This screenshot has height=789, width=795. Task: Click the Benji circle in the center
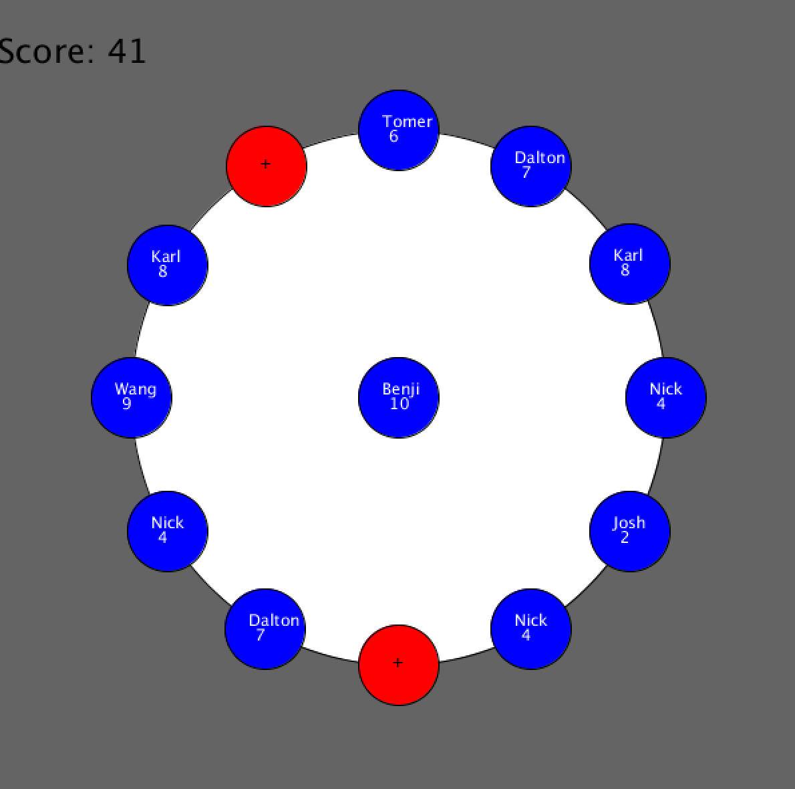click(x=399, y=398)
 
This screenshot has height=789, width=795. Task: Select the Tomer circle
click(x=399, y=130)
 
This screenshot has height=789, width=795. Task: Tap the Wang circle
click(x=132, y=398)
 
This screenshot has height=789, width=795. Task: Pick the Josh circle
click(x=630, y=532)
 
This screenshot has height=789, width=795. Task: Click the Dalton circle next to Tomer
click(x=531, y=166)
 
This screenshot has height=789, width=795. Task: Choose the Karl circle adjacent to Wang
click(x=168, y=265)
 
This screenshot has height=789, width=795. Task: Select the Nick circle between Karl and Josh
click(x=666, y=398)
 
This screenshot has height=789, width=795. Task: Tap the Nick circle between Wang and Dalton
click(x=168, y=532)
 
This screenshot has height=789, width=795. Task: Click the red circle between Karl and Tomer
click(x=267, y=166)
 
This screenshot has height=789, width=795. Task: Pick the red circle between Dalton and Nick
click(x=399, y=665)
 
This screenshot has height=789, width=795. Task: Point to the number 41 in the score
click(x=127, y=51)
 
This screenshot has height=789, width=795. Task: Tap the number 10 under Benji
click(x=399, y=404)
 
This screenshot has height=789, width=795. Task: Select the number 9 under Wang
click(x=127, y=404)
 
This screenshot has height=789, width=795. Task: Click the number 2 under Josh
click(x=625, y=538)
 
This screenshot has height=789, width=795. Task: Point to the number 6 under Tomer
click(x=393, y=137)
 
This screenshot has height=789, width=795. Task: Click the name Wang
click(x=135, y=389)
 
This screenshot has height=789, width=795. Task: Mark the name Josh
click(x=629, y=523)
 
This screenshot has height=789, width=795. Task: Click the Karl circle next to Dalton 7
click(x=630, y=264)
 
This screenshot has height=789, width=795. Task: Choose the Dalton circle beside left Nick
click(x=265, y=629)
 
